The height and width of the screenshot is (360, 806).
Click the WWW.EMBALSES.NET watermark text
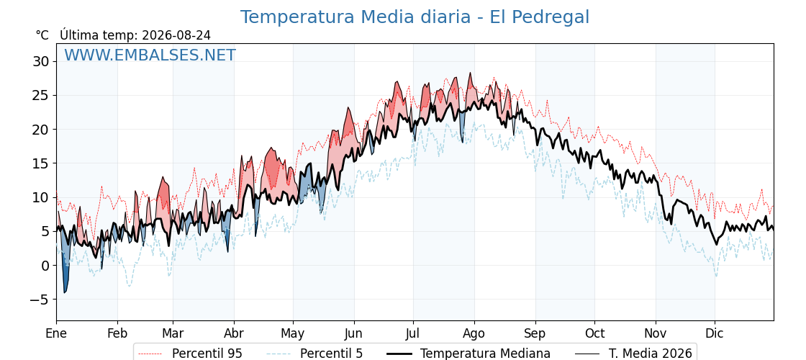coord(150,55)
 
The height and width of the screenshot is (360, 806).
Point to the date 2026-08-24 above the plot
coord(176,35)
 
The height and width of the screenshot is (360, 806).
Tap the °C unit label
coord(42,35)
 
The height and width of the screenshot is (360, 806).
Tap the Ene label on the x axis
coord(56,333)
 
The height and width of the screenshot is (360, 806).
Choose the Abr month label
coord(234,333)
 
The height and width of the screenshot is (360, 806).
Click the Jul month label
coord(413,333)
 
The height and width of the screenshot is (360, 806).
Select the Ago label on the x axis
coord(474,333)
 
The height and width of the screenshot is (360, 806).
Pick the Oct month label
coord(594,333)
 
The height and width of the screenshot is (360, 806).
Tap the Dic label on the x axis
coord(715,333)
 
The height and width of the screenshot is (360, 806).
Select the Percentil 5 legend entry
coord(314,354)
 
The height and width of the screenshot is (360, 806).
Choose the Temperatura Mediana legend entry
coord(468,354)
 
